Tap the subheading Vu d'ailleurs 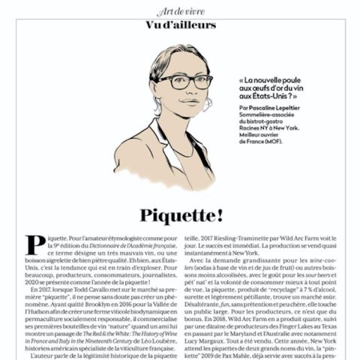pyautogui.click(x=180, y=25)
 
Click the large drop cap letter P pyautogui.click(x=35, y=246)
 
